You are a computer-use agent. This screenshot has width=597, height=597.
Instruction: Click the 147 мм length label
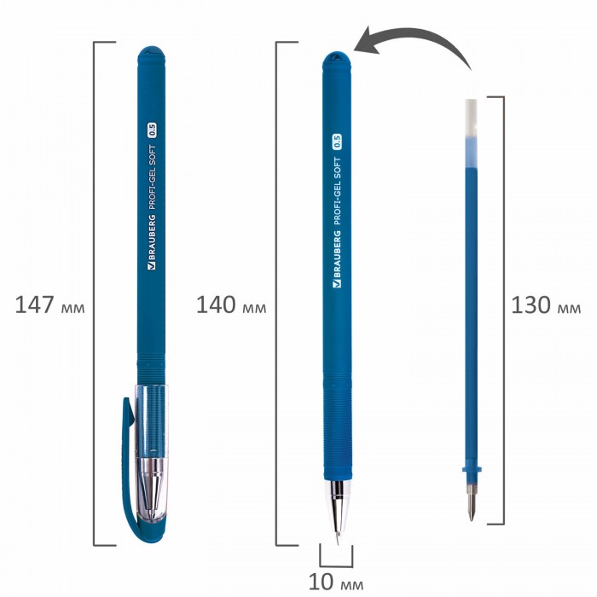click(49, 305)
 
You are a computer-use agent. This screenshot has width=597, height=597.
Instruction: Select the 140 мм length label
click(231, 305)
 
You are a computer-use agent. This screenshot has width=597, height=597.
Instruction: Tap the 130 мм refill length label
click(546, 305)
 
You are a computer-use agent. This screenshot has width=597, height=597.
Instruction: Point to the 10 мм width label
click(336, 582)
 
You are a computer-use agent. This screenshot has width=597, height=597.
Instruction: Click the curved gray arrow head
click(368, 40)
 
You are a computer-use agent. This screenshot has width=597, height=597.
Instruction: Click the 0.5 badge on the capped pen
click(152, 130)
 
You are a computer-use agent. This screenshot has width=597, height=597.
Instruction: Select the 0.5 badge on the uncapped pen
click(337, 142)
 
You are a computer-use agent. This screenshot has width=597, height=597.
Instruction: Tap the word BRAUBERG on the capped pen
click(151, 242)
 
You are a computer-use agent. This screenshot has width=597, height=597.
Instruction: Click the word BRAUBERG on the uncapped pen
click(337, 259)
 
